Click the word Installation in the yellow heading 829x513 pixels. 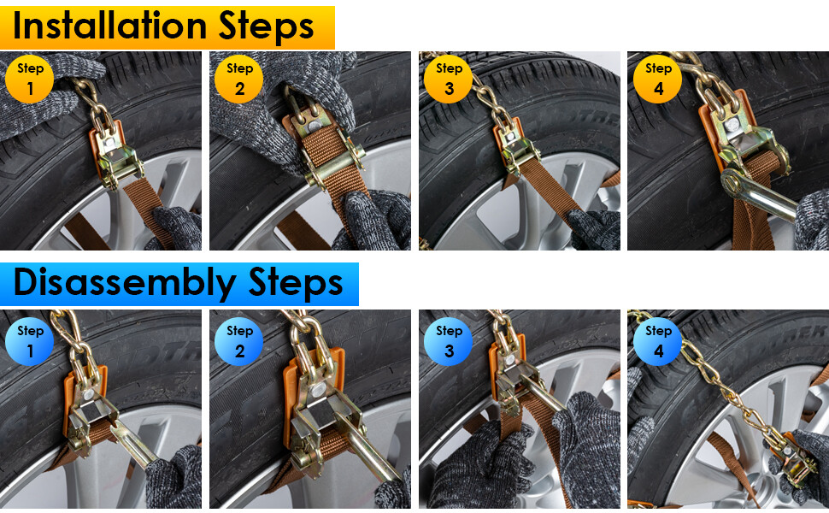pyautogui.click(x=109, y=26)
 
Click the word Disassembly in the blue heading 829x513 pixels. pyautogui.click(x=125, y=282)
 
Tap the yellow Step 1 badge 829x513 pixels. pyautogui.click(x=30, y=79)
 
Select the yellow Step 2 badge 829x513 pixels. pyautogui.click(x=239, y=79)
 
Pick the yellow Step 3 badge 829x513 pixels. pyautogui.click(x=449, y=79)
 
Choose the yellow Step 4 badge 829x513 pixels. pyautogui.click(x=658, y=79)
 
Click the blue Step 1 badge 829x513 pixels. pyautogui.click(x=30, y=342)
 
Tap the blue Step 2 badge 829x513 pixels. pyautogui.click(x=239, y=342)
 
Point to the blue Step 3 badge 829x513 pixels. pyautogui.click(x=449, y=342)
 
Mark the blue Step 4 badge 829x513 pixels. pyautogui.click(x=658, y=342)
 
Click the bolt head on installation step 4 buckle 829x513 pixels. pyautogui.click(x=732, y=125)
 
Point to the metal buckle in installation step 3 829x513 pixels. pyautogui.click(x=512, y=149)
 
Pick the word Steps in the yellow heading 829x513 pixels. pyautogui.click(x=266, y=26)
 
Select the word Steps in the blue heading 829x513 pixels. pyautogui.click(x=296, y=282)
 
